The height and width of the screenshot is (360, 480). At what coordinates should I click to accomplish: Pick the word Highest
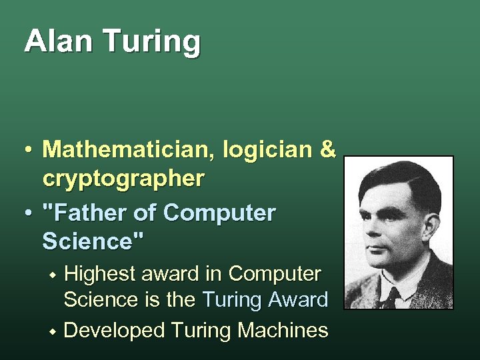click(x=108, y=273)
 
